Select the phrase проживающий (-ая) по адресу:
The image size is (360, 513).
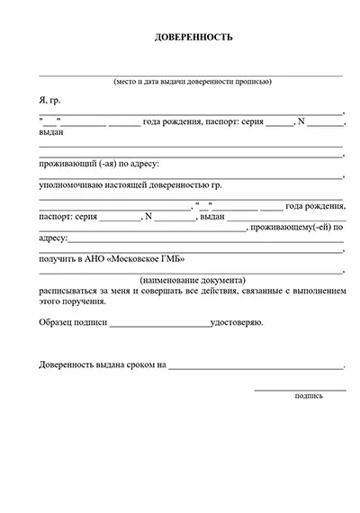[99, 164]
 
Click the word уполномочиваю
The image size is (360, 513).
[72, 184]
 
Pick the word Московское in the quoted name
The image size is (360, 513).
[135, 260]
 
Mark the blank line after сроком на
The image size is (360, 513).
[256, 368]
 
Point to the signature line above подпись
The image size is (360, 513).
[300, 389]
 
